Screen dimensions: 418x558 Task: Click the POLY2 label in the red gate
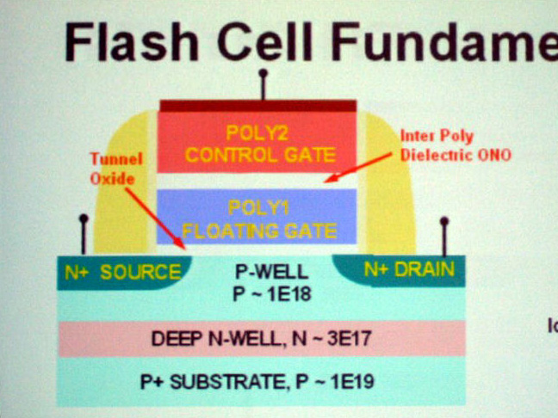pyautogui.click(x=258, y=133)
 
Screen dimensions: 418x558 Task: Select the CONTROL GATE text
pyautogui.click(x=259, y=156)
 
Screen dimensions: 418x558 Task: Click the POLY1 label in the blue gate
pyautogui.click(x=258, y=207)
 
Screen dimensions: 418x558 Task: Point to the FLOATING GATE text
pyautogui.click(x=259, y=231)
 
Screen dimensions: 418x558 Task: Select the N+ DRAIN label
pyautogui.click(x=408, y=269)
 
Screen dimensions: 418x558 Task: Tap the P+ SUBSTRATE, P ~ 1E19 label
pyautogui.click(x=257, y=380)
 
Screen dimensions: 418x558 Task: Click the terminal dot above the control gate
pyautogui.click(x=263, y=75)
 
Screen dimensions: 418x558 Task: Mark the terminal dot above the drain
pyautogui.click(x=444, y=222)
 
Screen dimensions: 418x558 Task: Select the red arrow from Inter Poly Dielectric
pyautogui.click(x=362, y=169)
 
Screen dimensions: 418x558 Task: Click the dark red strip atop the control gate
pyautogui.click(x=258, y=106)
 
